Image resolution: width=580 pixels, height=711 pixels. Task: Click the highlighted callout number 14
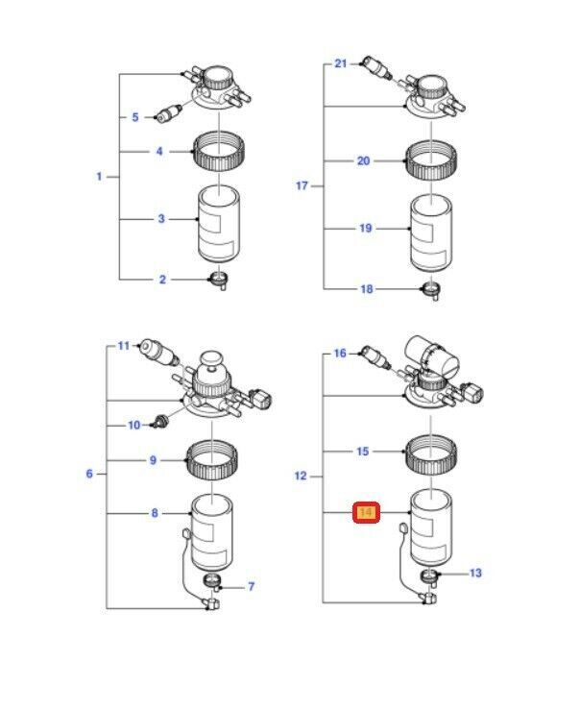click(366, 513)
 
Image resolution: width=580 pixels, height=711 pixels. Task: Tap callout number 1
click(99, 177)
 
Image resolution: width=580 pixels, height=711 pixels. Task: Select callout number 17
click(302, 185)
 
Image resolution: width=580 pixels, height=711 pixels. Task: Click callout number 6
click(90, 474)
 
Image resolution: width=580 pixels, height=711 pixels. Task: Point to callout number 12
click(301, 476)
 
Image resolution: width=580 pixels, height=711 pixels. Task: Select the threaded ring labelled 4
click(218, 151)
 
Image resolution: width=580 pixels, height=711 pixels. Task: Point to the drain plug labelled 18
click(430, 288)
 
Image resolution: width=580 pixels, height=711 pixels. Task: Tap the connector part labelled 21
click(375, 68)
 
